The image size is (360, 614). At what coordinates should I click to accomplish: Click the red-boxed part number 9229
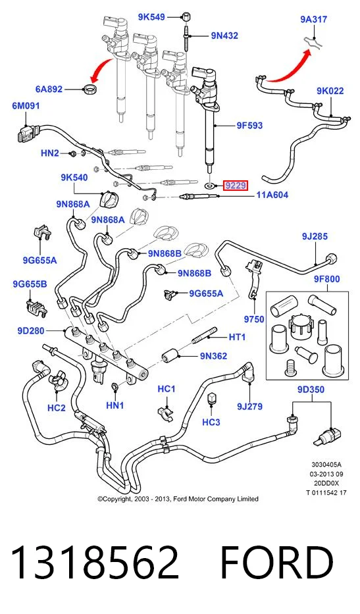pyautogui.click(x=236, y=185)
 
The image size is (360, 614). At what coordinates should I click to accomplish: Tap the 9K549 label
pyautogui.click(x=151, y=17)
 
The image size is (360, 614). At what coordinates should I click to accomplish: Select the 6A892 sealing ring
pyautogui.click(x=91, y=89)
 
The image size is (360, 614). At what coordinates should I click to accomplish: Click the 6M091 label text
pyautogui.click(x=26, y=106)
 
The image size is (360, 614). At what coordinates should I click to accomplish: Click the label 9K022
pyautogui.click(x=330, y=91)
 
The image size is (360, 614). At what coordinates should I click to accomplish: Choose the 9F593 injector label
pyautogui.click(x=249, y=126)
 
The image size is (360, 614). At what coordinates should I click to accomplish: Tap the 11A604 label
pyautogui.click(x=272, y=195)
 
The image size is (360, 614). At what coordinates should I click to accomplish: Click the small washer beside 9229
pyautogui.click(x=211, y=184)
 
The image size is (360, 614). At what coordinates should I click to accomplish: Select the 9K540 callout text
pyautogui.click(x=74, y=178)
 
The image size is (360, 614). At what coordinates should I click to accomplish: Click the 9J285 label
pyautogui.click(x=315, y=236)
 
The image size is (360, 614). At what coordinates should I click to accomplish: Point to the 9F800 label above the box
pyautogui.click(x=326, y=279)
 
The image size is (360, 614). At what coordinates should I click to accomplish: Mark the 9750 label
pyautogui.click(x=254, y=320)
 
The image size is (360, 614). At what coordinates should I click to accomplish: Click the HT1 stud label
pyautogui.click(x=237, y=337)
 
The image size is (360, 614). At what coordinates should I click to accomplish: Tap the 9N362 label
pyautogui.click(x=213, y=356)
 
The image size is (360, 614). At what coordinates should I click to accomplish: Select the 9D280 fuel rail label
pyautogui.click(x=31, y=331)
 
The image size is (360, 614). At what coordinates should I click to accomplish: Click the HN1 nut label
pyautogui.click(x=115, y=405)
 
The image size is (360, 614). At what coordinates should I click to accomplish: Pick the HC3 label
pyautogui.click(x=211, y=422)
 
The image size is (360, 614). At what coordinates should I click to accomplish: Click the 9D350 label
pyautogui.click(x=311, y=390)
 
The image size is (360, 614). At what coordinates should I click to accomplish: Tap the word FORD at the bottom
pyautogui.click(x=277, y=563)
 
